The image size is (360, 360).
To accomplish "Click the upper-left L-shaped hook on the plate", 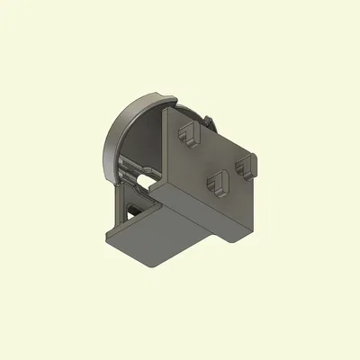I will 189,134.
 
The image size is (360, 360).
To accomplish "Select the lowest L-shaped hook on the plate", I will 218,184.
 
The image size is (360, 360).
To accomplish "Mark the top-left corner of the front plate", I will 165,111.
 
